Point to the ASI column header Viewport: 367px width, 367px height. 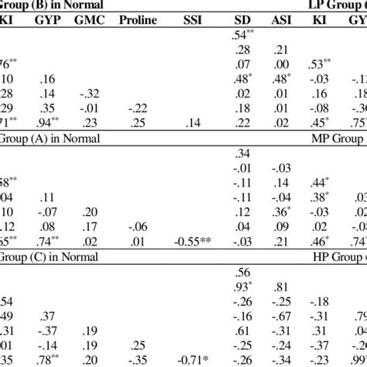[283, 19]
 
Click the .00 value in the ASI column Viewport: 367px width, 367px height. [283, 63]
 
